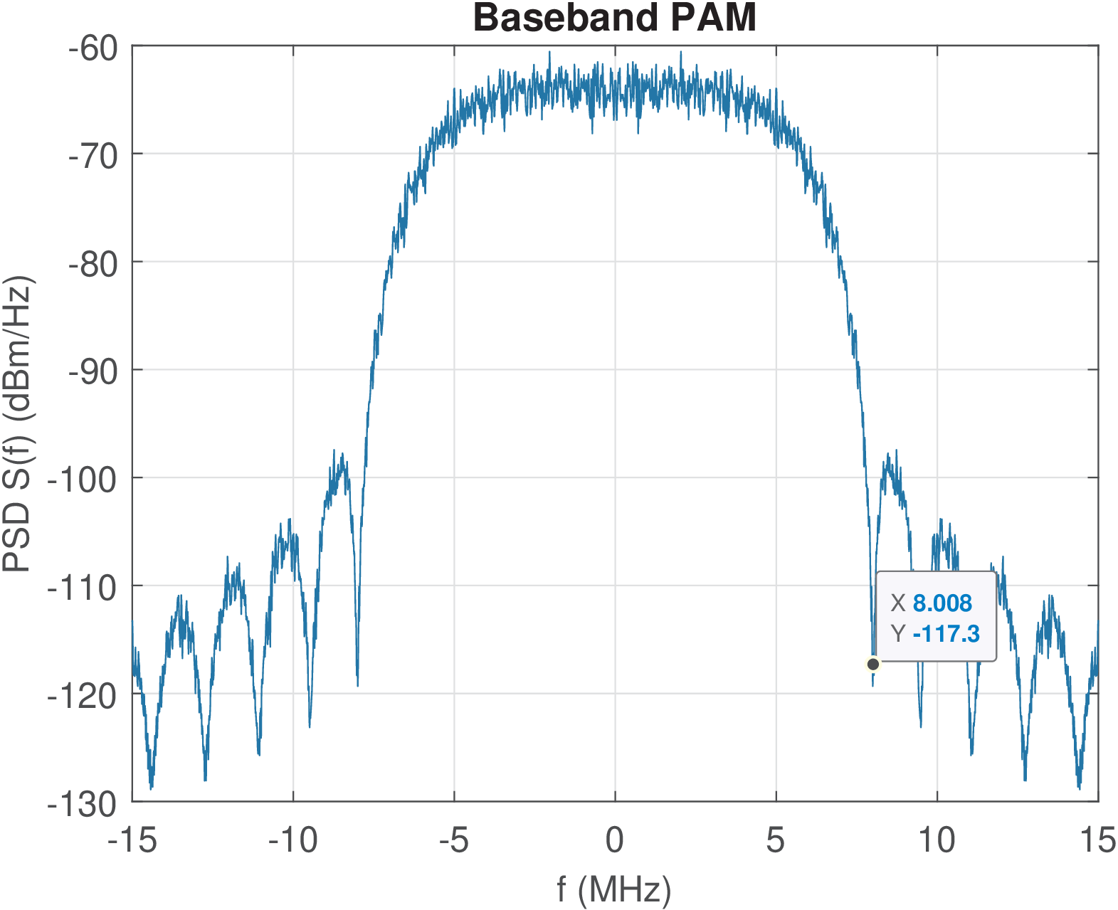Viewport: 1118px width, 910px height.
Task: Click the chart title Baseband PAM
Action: click(x=614, y=18)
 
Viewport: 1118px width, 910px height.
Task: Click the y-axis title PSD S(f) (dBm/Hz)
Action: click(x=19, y=424)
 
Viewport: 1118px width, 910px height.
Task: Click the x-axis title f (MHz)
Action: click(x=614, y=889)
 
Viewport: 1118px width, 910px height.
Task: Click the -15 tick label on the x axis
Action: click(x=132, y=841)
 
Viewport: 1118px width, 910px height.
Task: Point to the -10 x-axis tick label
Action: click(x=293, y=841)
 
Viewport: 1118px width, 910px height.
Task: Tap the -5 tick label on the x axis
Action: click(x=454, y=841)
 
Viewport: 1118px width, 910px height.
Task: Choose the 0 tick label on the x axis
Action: click(x=615, y=841)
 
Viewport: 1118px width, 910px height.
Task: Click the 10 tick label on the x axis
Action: click(x=937, y=841)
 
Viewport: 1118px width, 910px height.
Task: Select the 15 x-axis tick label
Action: click(x=1098, y=841)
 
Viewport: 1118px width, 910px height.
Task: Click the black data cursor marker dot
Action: click(x=873, y=665)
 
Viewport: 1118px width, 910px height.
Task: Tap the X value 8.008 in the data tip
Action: click(x=942, y=603)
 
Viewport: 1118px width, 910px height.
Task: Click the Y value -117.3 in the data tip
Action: click(x=946, y=633)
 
